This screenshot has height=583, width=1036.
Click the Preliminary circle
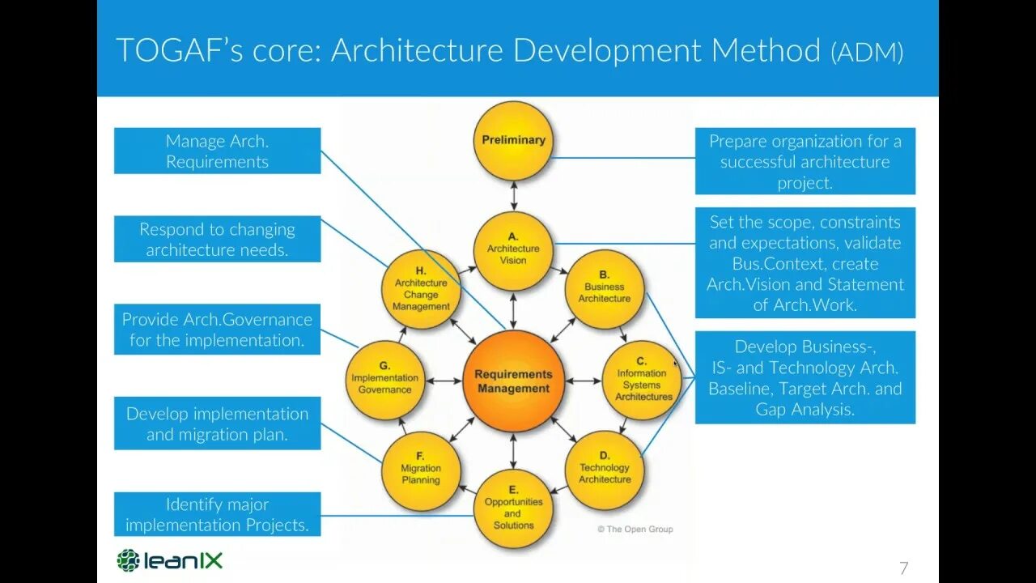[x=513, y=140]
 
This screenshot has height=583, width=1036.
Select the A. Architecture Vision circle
[x=513, y=250]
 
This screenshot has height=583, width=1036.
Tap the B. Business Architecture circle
[x=604, y=288]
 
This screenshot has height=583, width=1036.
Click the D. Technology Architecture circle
[x=604, y=470]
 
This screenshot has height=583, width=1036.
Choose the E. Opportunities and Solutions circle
[x=513, y=509]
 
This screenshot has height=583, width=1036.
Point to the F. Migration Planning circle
[x=421, y=470]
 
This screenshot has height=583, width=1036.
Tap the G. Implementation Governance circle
[x=385, y=380]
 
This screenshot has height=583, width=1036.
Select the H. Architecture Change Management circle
[x=421, y=290]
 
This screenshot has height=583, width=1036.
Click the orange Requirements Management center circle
[x=513, y=381]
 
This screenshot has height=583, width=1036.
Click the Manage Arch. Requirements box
[x=217, y=151]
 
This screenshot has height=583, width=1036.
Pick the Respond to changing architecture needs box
[x=217, y=239]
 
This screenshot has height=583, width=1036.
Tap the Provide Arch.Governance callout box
[x=217, y=329]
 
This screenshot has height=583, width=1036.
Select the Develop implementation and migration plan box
[x=217, y=423]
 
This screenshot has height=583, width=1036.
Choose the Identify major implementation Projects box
[x=217, y=514]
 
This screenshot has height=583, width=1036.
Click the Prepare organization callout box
[x=805, y=161]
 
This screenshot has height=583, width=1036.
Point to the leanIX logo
[x=169, y=560]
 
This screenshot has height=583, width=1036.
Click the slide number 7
[x=904, y=568]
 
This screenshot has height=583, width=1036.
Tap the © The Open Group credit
[x=635, y=529]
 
